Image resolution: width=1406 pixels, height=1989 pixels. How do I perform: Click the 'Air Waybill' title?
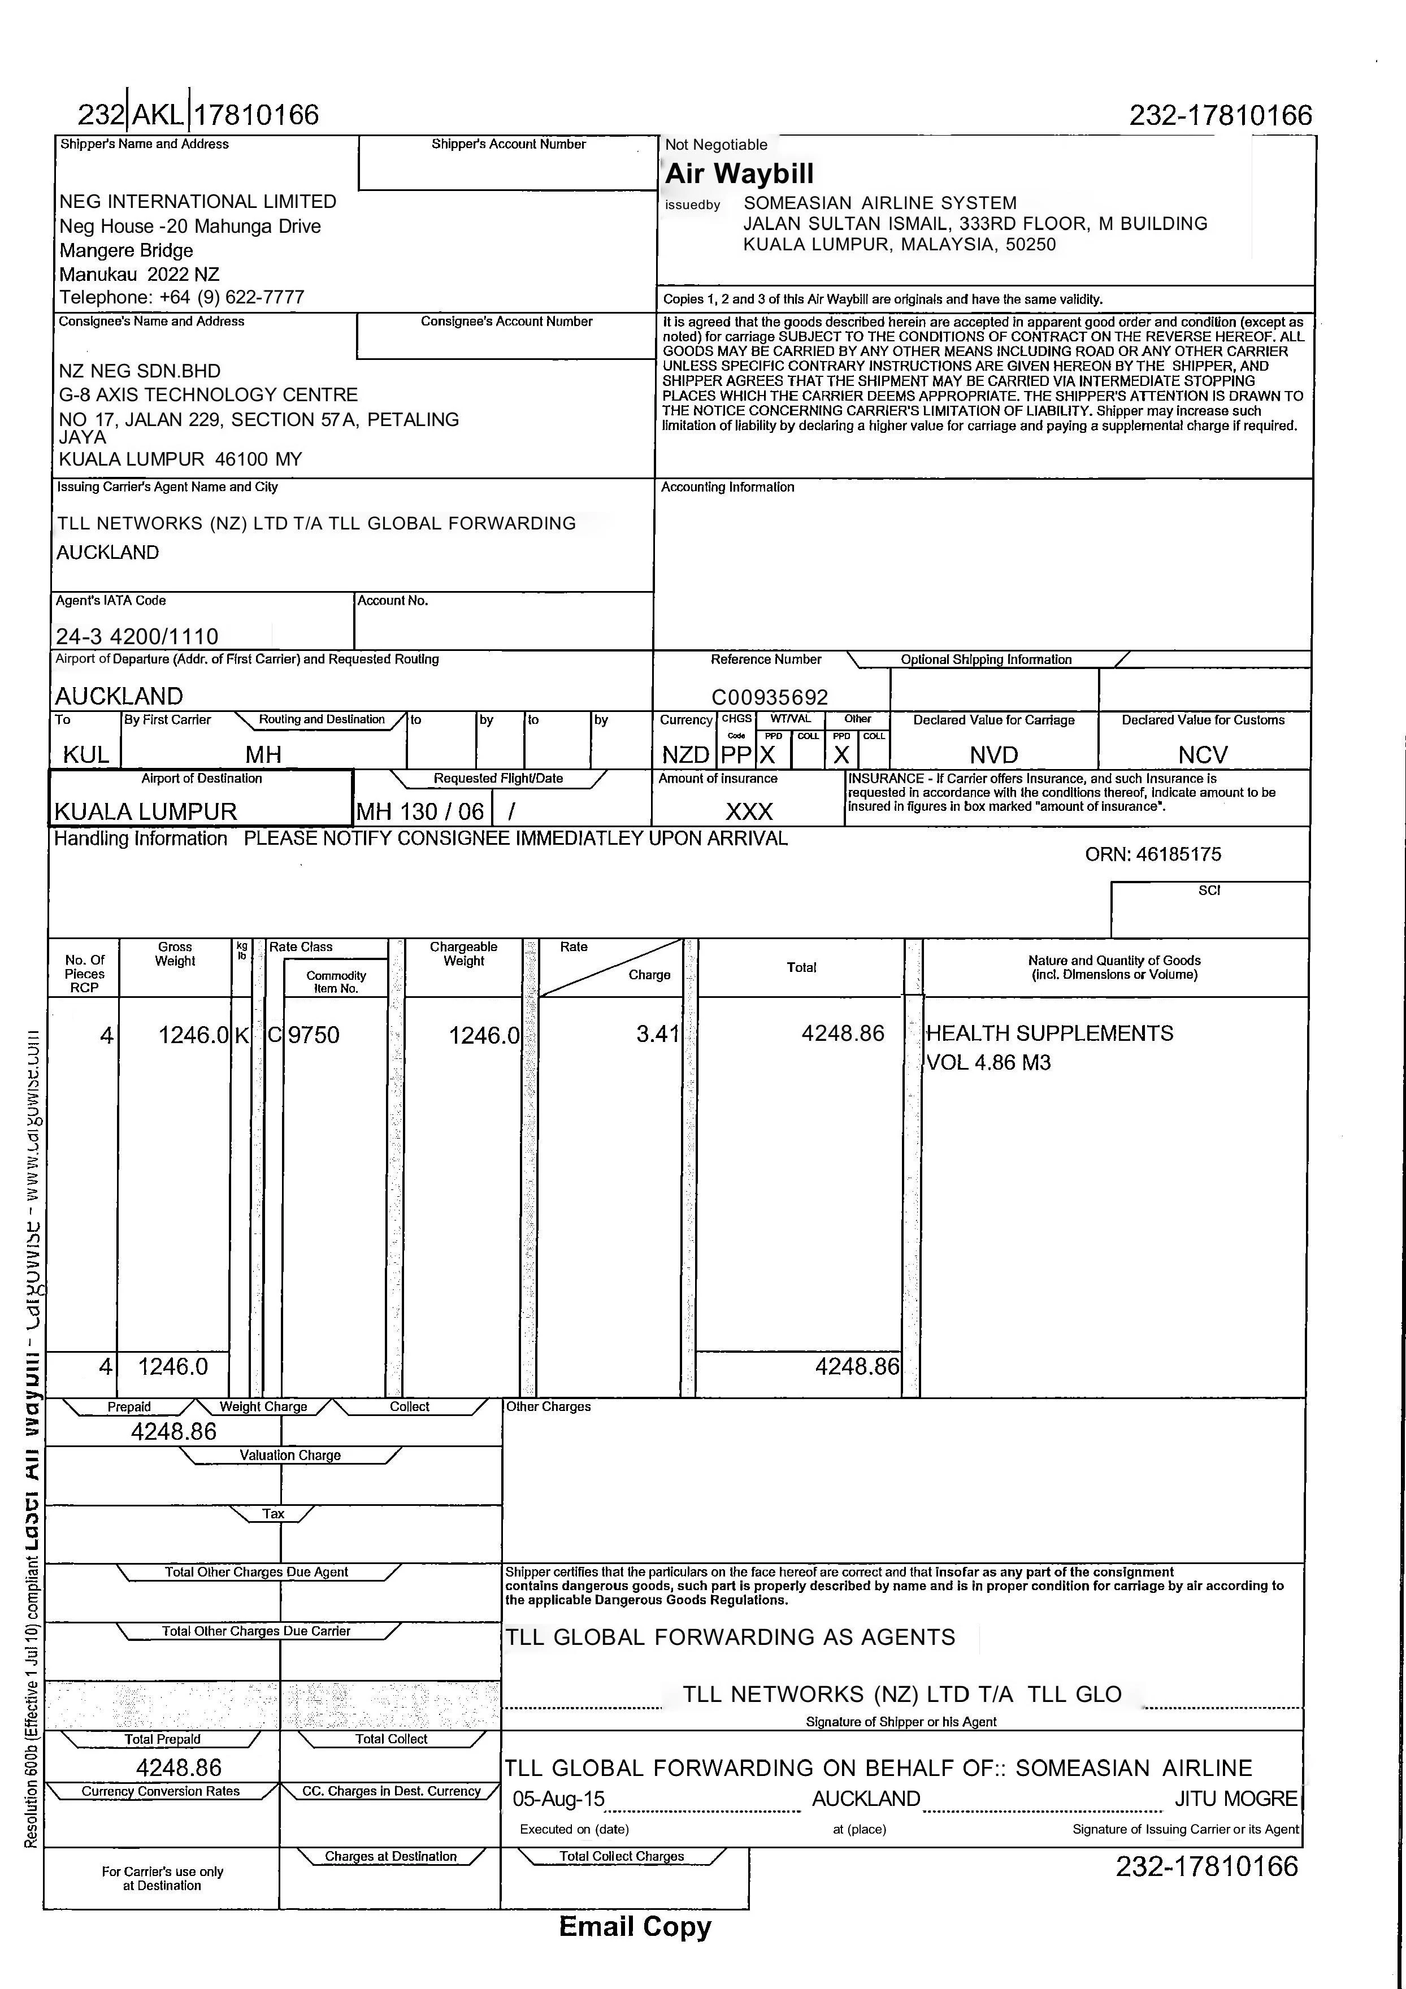(739, 173)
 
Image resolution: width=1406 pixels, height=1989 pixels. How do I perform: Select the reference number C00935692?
(769, 697)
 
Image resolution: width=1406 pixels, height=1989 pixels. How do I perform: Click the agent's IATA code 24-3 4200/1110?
(137, 637)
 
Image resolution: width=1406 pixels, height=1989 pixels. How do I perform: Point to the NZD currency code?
(685, 754)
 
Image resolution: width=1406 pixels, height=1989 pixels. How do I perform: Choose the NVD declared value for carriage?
(993, 754)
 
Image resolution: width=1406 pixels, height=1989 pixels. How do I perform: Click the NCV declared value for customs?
(1203, 754)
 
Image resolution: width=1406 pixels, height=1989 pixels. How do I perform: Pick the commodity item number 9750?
(314, 1035)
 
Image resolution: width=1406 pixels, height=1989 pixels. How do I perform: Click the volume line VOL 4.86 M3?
(988, 1062)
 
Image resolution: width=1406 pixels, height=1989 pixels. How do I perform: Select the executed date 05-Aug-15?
(559, 1799)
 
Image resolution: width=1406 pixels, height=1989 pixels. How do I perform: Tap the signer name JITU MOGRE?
(1235, 1799)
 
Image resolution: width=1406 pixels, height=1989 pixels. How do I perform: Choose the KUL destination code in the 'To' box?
(86, 754)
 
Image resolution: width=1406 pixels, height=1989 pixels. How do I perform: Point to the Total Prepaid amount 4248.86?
(179, 1767)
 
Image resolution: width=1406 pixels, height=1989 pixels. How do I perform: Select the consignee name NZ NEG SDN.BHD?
(140, 371)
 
